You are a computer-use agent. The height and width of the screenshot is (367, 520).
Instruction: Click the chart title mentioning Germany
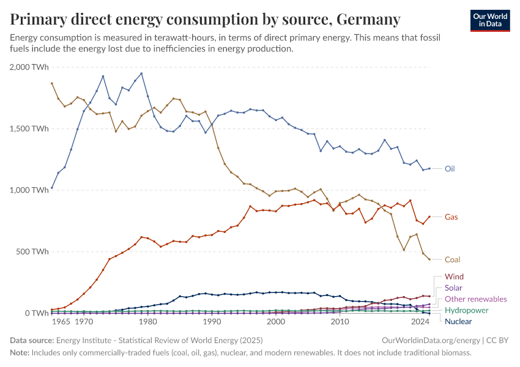click(206, 20)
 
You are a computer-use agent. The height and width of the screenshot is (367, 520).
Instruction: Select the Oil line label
click(450, 169)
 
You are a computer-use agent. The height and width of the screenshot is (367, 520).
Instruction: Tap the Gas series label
click(451, 217)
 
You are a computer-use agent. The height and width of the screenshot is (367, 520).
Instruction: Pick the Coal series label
click(453, 259)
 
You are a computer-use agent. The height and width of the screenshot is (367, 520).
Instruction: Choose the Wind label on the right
click(454, 277)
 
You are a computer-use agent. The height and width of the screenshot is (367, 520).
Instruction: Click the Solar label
click(453, 288)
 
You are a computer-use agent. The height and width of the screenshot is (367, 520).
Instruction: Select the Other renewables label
click(475, 299)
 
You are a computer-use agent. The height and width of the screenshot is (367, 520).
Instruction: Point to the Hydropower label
click(467, 311)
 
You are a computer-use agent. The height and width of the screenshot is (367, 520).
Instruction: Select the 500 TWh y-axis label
click(32, 251)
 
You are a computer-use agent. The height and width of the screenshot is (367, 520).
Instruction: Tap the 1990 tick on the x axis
click(212, 322)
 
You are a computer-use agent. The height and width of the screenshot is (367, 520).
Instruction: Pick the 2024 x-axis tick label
click(421, 322)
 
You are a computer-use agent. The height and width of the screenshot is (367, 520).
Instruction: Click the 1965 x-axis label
click(61, 322)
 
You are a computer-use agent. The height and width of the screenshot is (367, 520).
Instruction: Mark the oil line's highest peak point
click(141, 73)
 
